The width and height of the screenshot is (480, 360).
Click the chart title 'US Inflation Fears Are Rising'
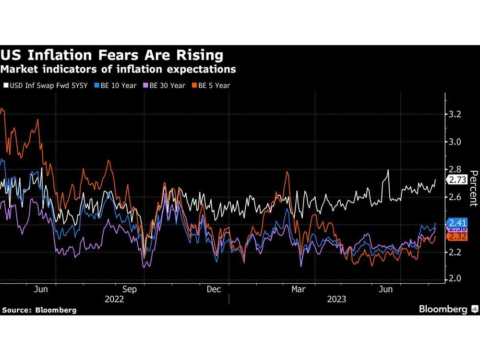[112, 55]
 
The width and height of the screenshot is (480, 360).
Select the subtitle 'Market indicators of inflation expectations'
[118, 70]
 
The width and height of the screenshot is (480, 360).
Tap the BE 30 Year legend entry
[165, 85]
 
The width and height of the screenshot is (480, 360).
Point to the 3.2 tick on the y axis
[455, 114]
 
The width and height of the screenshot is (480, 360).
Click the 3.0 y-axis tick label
[455, 142]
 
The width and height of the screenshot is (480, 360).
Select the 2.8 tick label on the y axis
[455, 169]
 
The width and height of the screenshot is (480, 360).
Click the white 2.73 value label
[457, 180]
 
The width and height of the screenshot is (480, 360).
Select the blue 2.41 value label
[457, 223]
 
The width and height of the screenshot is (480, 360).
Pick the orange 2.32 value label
[457, 236]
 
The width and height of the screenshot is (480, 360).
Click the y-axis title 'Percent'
[473, 189]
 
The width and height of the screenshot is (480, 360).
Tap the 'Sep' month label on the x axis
[129, 289]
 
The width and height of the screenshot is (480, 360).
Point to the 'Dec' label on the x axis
[214, 289]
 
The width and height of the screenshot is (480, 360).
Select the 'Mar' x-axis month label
[299, 289]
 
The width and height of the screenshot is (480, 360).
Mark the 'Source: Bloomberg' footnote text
[39, 310]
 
